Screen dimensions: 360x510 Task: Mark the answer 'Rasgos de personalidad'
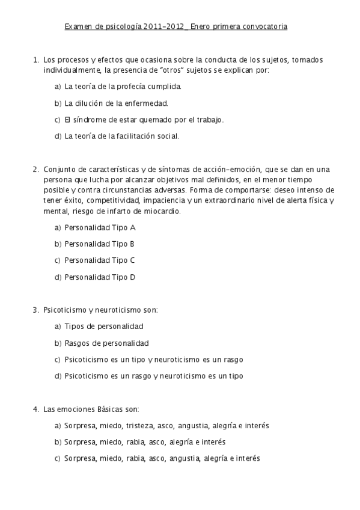pos(106,343)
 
